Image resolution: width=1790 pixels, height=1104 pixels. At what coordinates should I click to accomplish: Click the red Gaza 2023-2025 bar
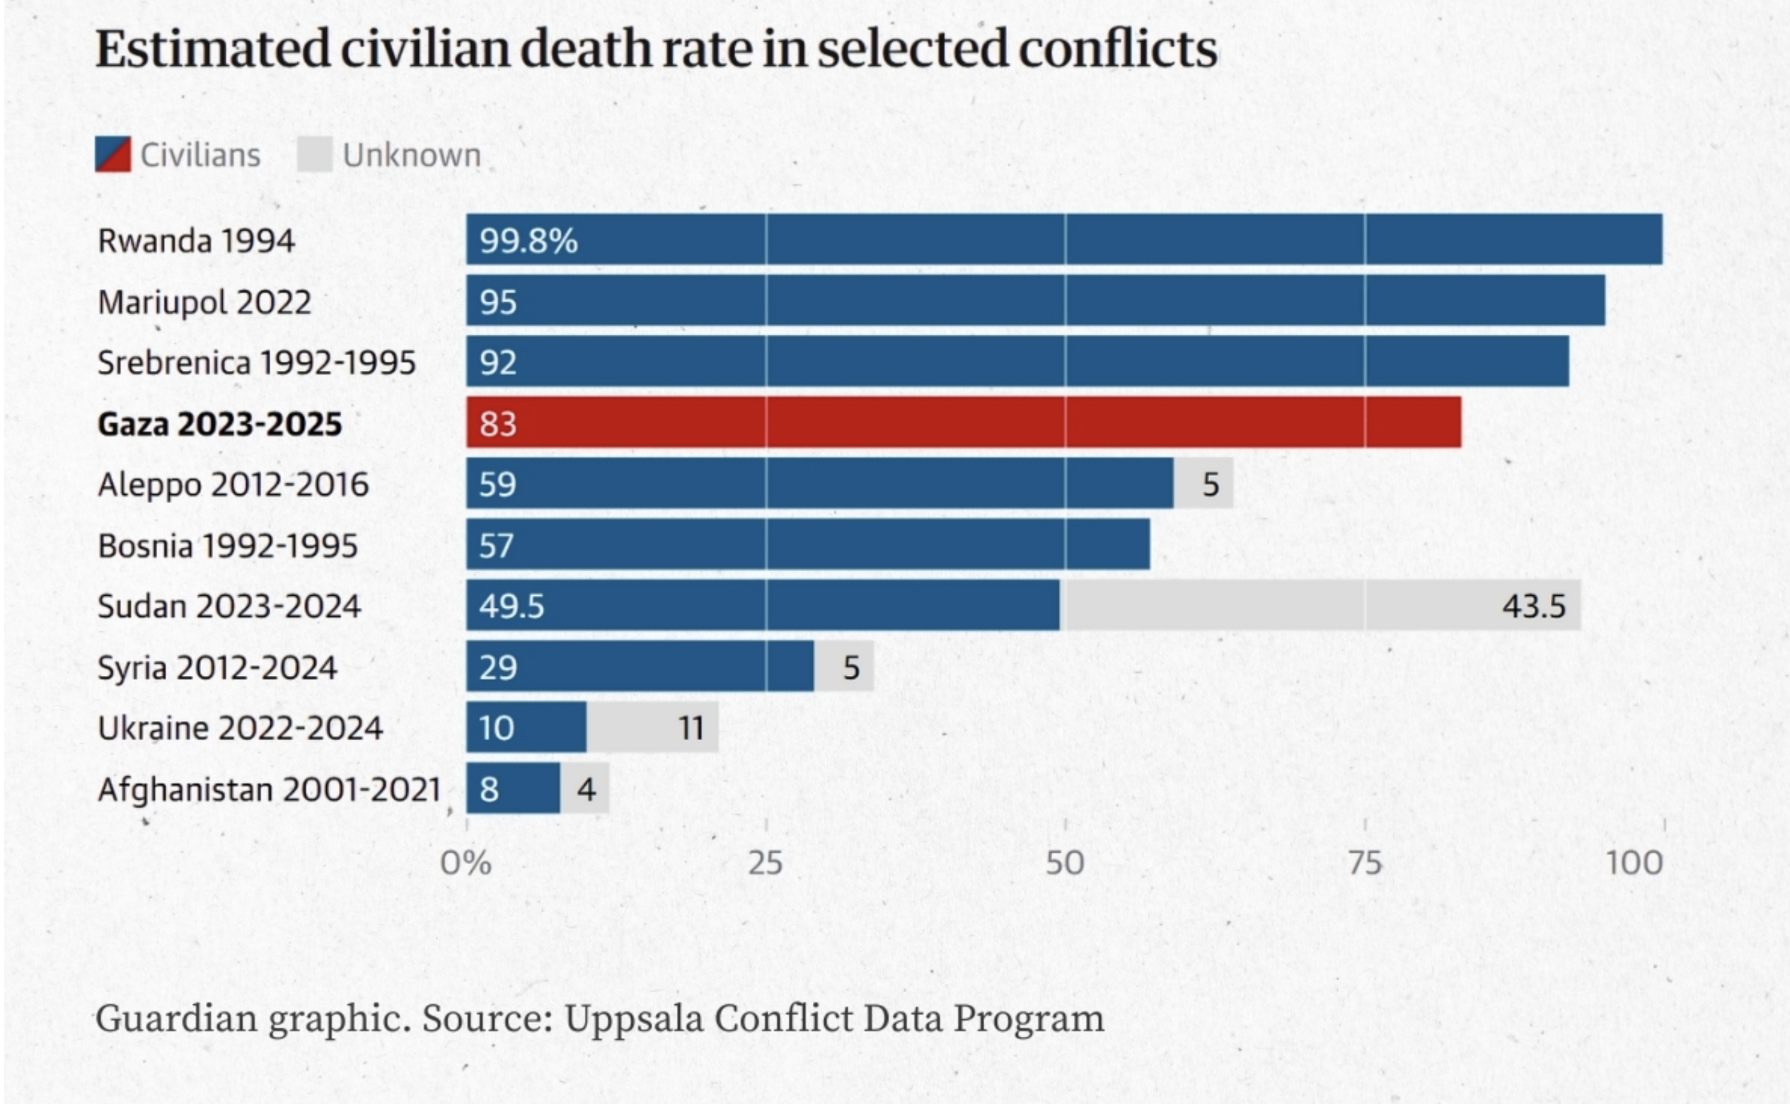[x=964, y=422]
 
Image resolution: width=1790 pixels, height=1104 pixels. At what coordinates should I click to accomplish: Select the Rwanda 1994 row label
[x=196, y=241]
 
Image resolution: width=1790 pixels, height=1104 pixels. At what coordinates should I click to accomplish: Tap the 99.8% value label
[x=529, y=241]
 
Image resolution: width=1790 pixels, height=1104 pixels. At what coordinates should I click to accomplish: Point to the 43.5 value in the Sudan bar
[x=1534, y=606]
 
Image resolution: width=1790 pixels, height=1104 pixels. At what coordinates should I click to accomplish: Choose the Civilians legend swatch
[x=113, y=155]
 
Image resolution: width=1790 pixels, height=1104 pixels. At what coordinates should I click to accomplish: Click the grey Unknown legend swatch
[x=315, y=155]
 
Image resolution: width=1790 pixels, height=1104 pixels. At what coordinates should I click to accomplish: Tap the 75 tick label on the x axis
[x=1364, y=863]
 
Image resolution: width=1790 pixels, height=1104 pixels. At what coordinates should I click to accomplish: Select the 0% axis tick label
[x=466, y=863]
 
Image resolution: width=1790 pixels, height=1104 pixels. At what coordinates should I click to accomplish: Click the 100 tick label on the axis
[x=1634, y=863]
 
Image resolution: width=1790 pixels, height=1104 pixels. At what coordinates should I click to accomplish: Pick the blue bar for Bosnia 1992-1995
[x=808, y=545]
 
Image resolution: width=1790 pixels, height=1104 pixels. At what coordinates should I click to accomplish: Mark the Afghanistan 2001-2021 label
[x=270, y=789]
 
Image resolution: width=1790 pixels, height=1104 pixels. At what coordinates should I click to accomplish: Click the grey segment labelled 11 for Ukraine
[x=652, y=728]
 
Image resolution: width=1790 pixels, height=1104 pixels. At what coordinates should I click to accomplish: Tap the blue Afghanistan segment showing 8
[x=513, y=788]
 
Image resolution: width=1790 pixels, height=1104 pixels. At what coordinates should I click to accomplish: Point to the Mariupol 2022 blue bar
[x=1035, y=301]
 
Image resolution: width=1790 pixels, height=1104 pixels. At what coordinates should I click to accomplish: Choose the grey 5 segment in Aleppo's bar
[x=1203, y=483]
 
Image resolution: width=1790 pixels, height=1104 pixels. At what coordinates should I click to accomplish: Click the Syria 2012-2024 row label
[x=217, y=667]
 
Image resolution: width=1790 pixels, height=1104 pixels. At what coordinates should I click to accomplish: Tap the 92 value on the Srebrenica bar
[x=498, y=362]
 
